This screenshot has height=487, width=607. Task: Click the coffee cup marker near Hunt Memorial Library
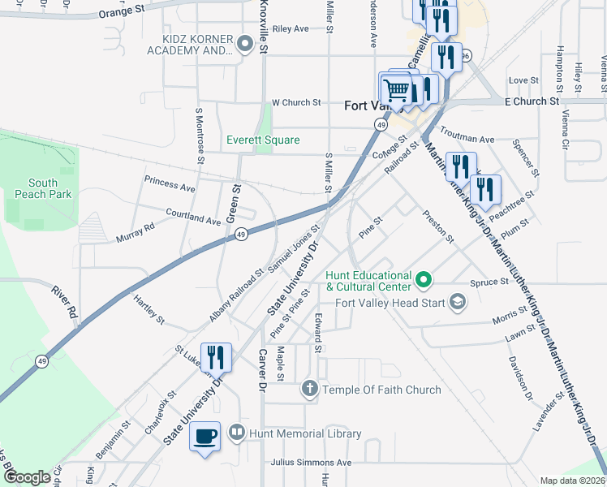click(x=204, y=437)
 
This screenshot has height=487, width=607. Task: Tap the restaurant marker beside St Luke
click(x=216, y=356)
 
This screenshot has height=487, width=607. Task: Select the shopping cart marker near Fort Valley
click(x=395, y=88)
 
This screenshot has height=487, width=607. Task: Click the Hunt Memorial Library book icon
click(x=236, y=433)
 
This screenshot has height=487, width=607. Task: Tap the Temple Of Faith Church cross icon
click(x=308, y=390)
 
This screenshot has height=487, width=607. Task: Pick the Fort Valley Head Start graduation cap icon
click(x=458, y=304)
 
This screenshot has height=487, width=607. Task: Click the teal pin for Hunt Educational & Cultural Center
click(x=423, y=280)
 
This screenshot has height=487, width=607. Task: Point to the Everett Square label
click(x=263, y=140)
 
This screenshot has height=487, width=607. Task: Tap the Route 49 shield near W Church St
click(x=380, y=123)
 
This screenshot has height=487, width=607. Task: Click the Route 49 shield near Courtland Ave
click(x=241, y=234)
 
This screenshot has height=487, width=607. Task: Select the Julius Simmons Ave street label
click(x=312, y=462)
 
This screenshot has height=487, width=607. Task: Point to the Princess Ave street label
click(x=170, y=183)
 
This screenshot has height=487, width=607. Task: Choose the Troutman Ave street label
click(x=467, y=135)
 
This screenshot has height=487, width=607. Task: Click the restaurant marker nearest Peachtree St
click(x=485, y=190)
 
